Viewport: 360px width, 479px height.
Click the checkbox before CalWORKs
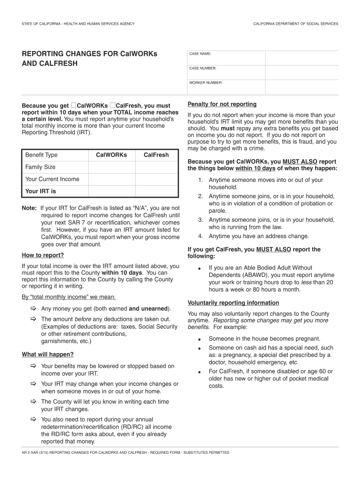point(73,105)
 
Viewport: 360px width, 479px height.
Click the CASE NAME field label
point(200,54)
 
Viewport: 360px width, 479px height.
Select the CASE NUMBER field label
point(202,68)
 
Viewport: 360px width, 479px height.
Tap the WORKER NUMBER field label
point(206,83)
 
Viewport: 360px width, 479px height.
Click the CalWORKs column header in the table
point(111,155)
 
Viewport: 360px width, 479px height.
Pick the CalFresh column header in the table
point(156,155)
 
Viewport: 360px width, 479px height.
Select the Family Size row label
point(40,167)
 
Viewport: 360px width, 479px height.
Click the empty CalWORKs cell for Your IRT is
point(111,191)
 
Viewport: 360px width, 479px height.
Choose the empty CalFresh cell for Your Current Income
point(156,179)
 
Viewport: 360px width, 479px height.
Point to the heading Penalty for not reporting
point(222,104)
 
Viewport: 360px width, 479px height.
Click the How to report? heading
point(43,255)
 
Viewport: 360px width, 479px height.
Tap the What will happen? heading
point(48,355)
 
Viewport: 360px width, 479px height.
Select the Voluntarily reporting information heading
point(233,303)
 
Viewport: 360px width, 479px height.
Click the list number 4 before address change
point(200,236)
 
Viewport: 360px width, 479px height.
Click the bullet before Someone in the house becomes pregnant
point(200,339)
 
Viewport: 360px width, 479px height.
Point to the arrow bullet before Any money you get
point(34,309)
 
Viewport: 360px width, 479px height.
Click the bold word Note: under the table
point(29,208)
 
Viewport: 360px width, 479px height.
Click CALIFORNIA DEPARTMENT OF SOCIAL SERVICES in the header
point(295,23)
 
